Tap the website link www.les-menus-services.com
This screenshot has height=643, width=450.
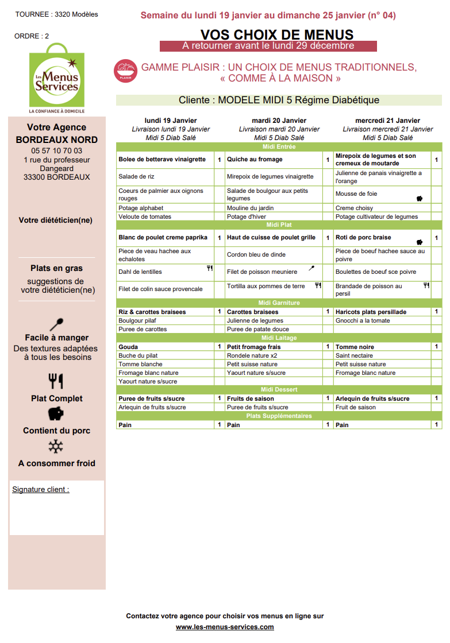pyautogui.click(x=225, y=627)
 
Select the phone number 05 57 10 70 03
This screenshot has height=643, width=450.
pyautogui.click(x=57, y=151)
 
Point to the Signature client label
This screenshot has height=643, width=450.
pyautogui.click(x=40, y=490)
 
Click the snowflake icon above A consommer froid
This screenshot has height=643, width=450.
pyautogui.click(x=56, y=447)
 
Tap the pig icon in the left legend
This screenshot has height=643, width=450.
pyautogui.click(x=56, y=413)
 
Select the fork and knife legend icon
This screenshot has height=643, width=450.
pyautogui.click(x=56, y=381)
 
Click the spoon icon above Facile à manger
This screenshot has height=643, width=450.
pyautogui.click(x=57, y=324)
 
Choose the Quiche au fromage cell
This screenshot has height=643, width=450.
pyautogui.click(x=255, y=160)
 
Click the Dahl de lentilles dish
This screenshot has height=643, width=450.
pyautogui.click(x=140, y=272)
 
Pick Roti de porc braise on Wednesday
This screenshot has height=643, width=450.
pyautogui.click(x=363, y=238)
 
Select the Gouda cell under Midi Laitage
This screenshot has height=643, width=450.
pyautogui.click(x=128, y=347)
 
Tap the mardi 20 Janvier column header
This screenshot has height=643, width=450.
pyautogui.click(x=279, y=121)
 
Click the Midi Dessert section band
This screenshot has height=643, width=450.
pyautogui.click(x=279, y=390)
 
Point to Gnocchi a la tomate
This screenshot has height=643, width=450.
pyautogui.click(x=363, y=321)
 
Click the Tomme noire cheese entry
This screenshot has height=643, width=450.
pyautogui.click(x=355, y=347)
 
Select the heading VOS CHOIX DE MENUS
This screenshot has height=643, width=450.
pyautogui.click(x=277, y=35)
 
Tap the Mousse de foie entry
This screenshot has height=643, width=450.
pyautogui.click(x=356, y=194)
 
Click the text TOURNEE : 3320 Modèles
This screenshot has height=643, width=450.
pyautogui.click(x=56, y=14)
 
